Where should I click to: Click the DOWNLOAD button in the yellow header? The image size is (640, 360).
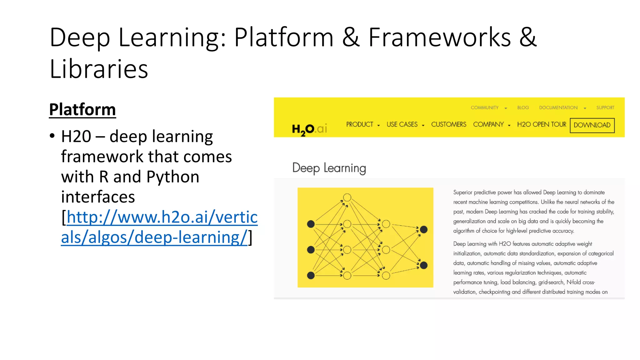point(592,125)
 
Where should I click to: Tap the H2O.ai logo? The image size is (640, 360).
point(309,129)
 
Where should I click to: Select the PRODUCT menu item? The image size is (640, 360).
point(360,124)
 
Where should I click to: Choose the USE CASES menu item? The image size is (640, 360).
point(402,124)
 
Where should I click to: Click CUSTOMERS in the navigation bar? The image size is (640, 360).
point(448,124)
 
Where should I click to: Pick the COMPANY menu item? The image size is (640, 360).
point(488,124)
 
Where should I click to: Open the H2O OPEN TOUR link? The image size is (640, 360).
point(541,124)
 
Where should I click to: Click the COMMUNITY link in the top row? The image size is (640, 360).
point(485,107)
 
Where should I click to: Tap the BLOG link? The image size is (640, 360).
point(523,107)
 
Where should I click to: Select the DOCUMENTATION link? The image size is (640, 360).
point(558,107)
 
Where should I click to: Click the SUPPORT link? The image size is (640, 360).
point(605,107)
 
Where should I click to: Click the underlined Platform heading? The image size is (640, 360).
point(82,110)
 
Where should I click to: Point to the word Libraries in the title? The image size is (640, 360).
point(99,69)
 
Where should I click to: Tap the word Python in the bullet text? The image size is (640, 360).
point(173,177)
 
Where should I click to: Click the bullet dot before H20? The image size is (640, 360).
point(52,136)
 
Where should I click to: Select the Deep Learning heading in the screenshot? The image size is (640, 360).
point(329,168)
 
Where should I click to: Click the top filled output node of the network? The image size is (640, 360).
point(424,230)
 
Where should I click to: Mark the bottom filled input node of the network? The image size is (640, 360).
point(311,275)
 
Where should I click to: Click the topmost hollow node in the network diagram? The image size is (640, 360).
point(347,197)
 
